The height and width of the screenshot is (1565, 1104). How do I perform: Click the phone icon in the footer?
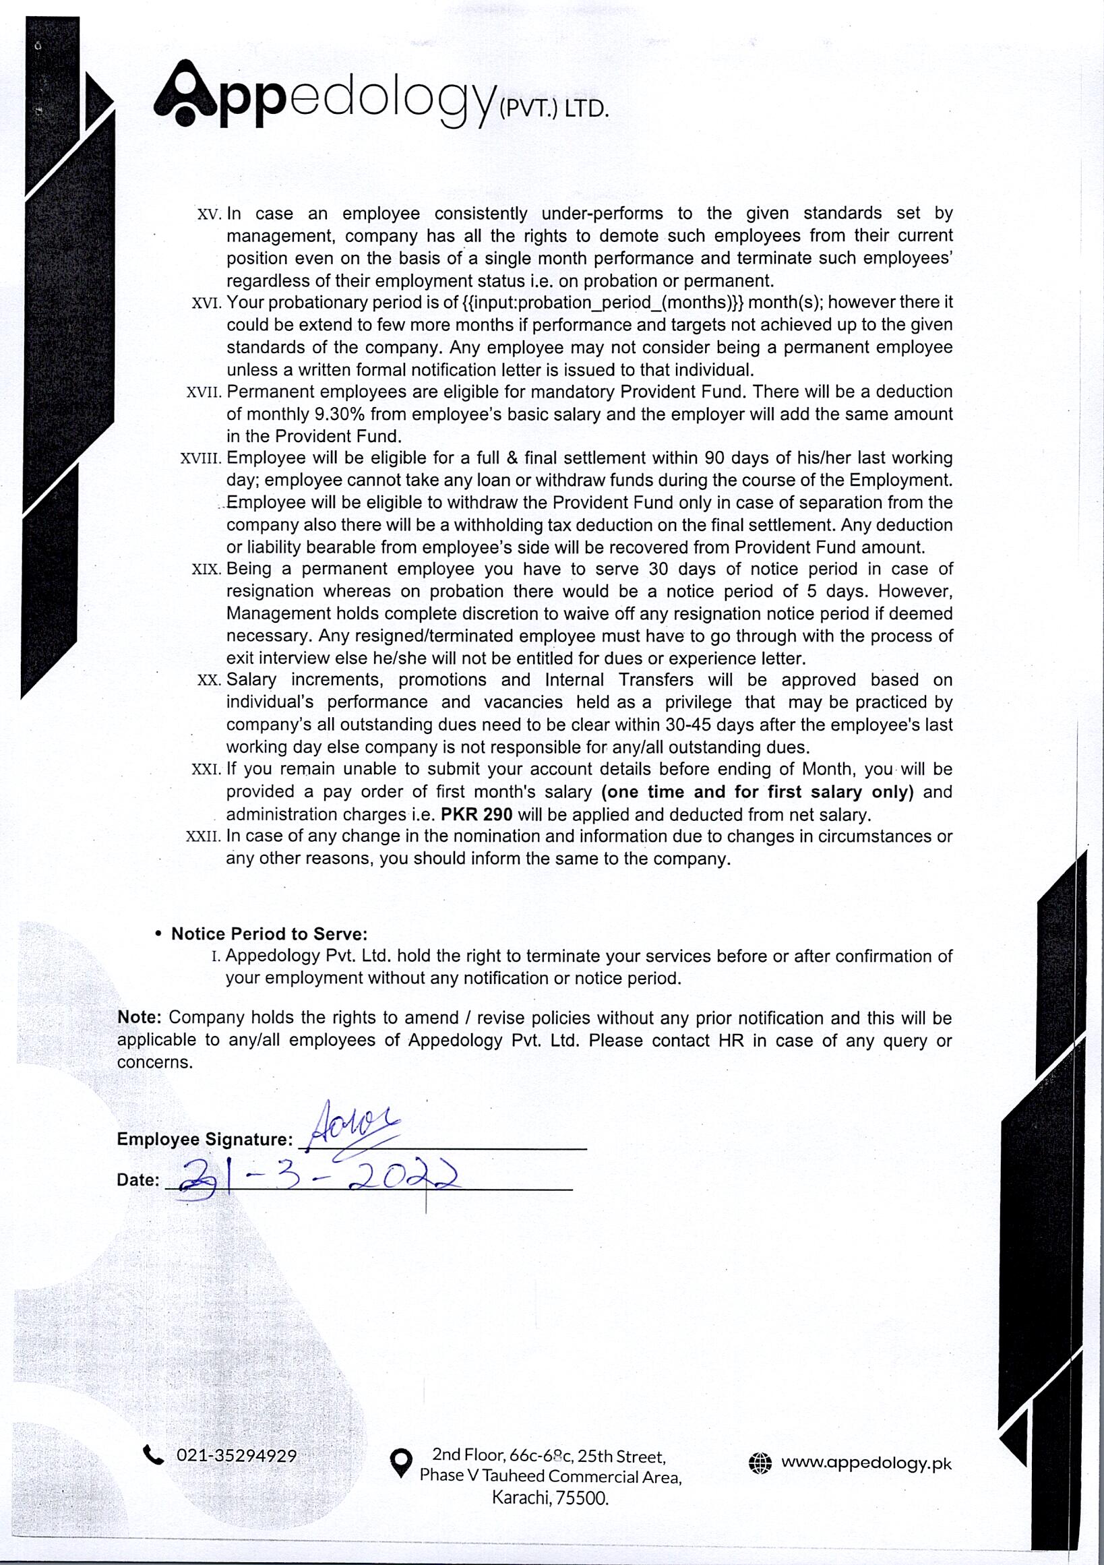(x=154, y=1455)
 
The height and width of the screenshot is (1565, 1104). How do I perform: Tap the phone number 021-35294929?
(x=237, y=1456)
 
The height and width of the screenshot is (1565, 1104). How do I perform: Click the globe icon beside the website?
(x=760, y=1463)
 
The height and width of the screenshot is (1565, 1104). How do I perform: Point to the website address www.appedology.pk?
(x=866, y=1463)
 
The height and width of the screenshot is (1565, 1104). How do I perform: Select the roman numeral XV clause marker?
(x=209, y=215)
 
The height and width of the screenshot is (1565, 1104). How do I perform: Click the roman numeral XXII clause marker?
(x=203, y=836)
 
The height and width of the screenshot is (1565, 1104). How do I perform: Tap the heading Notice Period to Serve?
(x=269, y=934)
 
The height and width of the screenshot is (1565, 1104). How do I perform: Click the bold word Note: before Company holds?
(x=139, y=1018)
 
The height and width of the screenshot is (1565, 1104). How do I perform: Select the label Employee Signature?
(x=204, y=1139)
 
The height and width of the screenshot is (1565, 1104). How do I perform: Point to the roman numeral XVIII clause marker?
(x=200, y=459)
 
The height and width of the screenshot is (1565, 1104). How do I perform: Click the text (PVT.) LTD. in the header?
(x=553, y=109)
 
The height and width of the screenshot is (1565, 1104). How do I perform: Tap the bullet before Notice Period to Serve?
(x=159, y=934)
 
